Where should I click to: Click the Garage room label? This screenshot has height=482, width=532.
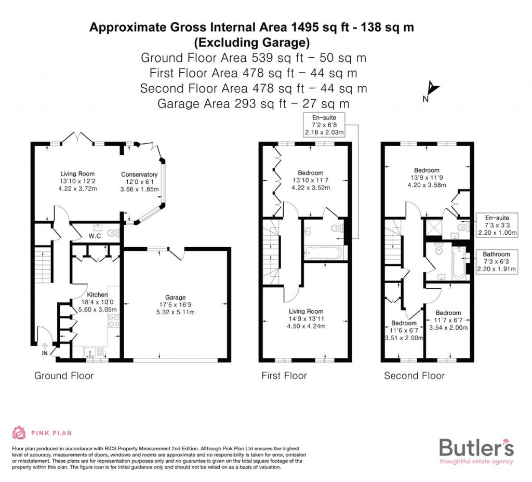coord(176,298)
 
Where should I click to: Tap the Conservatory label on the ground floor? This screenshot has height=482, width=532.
coord(139,175)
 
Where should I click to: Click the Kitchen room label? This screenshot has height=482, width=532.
coord(97,295)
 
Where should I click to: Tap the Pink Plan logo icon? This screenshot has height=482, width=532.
coord(19,432)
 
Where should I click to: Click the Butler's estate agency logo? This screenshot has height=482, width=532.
coord(476,450)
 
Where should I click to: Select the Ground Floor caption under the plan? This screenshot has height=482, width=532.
coord(64,376)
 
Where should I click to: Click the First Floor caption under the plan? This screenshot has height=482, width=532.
coord(284,376)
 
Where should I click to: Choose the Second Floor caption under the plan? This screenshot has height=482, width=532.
coord(414,376)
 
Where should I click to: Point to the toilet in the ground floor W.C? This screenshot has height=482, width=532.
coord(113,234)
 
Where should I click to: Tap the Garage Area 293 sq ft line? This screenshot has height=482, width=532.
coord(254,103)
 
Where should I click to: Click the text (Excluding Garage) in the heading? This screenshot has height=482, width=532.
coord(251,42)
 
